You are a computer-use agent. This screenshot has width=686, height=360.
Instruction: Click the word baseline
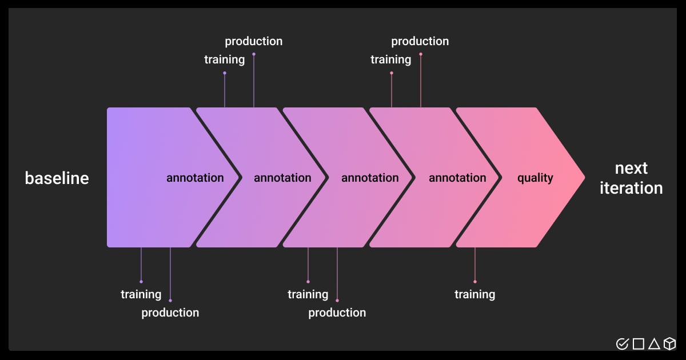(57, 178)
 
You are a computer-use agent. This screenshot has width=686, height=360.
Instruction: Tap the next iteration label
(631, 178)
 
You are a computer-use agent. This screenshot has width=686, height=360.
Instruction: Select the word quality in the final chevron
(535, 178)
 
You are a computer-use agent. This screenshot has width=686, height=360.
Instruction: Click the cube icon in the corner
(669, 343)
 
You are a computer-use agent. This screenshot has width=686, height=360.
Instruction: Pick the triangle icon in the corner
(654, 343)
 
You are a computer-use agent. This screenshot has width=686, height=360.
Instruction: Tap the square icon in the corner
(639, 343)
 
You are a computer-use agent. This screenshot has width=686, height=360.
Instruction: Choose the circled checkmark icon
(623, 343)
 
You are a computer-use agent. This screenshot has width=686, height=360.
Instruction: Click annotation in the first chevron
(195, 178)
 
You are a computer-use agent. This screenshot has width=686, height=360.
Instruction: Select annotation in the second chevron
(282, 178)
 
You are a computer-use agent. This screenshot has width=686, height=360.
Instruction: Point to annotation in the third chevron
(370, 178)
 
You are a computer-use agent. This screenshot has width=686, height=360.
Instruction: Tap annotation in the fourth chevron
(457, 178)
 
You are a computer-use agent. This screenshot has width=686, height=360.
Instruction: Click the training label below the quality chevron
(474, 295)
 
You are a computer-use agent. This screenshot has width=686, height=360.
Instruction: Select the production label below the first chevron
(170, 313)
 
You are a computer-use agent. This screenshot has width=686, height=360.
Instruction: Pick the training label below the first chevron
(141, 295)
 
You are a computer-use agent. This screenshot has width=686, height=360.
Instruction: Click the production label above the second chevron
(253, 42)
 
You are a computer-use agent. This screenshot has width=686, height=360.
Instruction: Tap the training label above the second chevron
(224, 60)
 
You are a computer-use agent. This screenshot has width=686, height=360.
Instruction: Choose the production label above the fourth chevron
(420, 42)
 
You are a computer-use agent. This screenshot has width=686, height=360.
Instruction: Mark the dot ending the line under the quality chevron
(475, 282)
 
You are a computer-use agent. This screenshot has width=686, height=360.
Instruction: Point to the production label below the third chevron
(337, 313)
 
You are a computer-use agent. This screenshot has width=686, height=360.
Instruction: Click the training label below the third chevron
(308, 295)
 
